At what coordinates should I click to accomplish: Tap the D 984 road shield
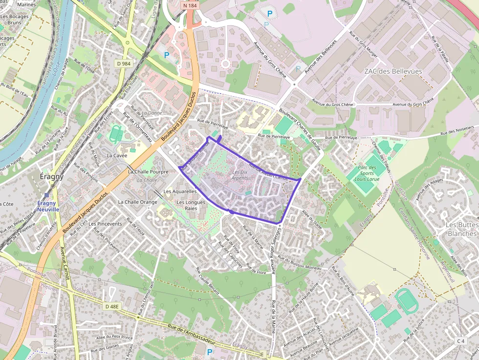pyautogui.click(x=124, y=64)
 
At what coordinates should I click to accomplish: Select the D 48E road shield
pyautogui.click(x=112, y=306)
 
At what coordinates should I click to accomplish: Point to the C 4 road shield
pyautogui.click(x=461, y=341)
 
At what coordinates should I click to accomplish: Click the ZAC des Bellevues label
pyautogui.click(x=392, y=71)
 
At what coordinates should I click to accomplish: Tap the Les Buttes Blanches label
pyautogui.click(x=462, y=229)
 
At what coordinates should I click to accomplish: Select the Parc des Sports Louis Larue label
pyautogui.click(x=367, y=173)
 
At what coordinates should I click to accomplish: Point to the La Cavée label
pyautogui.click(x=117, y=155)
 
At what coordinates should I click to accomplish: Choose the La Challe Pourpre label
pyautogui.click(x=148, y=172)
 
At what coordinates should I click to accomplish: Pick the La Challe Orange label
pyautogui.click(x=137, y=202)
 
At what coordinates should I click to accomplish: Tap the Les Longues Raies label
pyautogui.click(x=187, y=205)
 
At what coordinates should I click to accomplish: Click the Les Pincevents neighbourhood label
pyautogui.click(x=103, y=224)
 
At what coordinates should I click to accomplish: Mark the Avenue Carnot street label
pyautogui.click(x=65, y=266)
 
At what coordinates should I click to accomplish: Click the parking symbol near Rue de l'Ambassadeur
pyautogui.click(x=210, y=352)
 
